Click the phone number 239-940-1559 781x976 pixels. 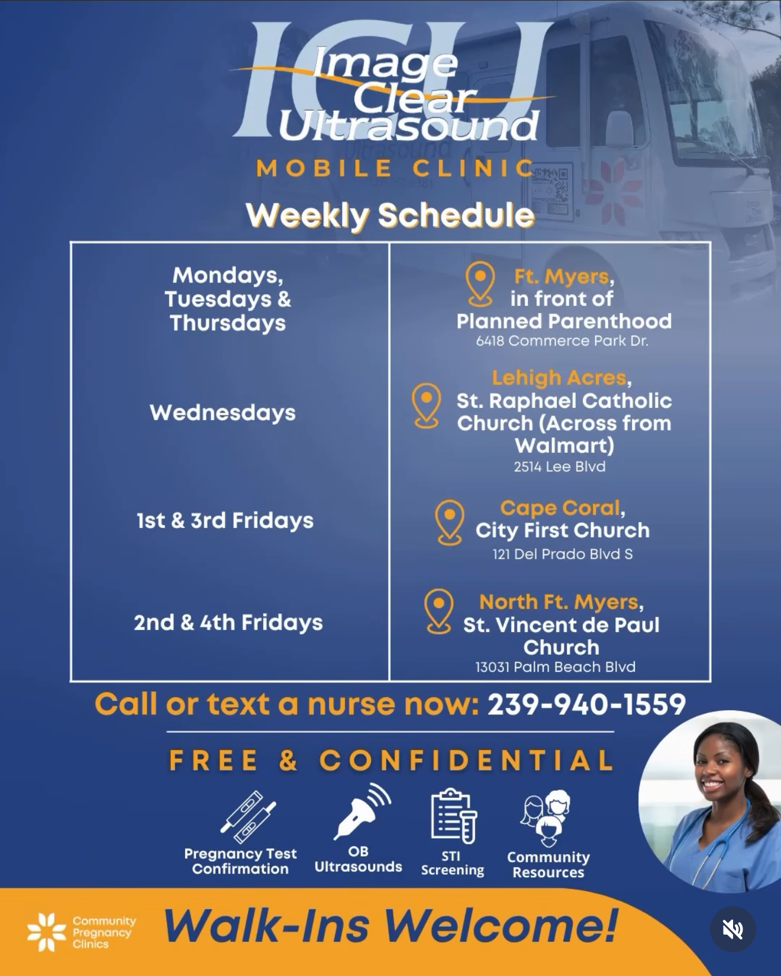point(586,704)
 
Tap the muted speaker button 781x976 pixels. point(732,929)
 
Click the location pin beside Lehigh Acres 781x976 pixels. point(427,405)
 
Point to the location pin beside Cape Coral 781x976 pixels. point(450,522)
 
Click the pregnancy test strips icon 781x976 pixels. point(248,816)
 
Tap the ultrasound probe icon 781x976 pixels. point(362,811)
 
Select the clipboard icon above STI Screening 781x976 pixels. point(453,816)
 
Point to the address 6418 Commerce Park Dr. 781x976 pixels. point(562,341)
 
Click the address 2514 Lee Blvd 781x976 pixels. point(560,466)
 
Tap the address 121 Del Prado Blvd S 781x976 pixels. point(563,554)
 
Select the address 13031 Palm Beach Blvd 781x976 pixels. point(556,667)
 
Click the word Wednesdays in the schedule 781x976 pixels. point(222,413)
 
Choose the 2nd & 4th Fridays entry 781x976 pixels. point(228,623)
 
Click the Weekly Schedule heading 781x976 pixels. point(390,215)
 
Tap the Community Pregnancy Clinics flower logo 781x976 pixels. point(47,932)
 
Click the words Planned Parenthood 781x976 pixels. point(564,321)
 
